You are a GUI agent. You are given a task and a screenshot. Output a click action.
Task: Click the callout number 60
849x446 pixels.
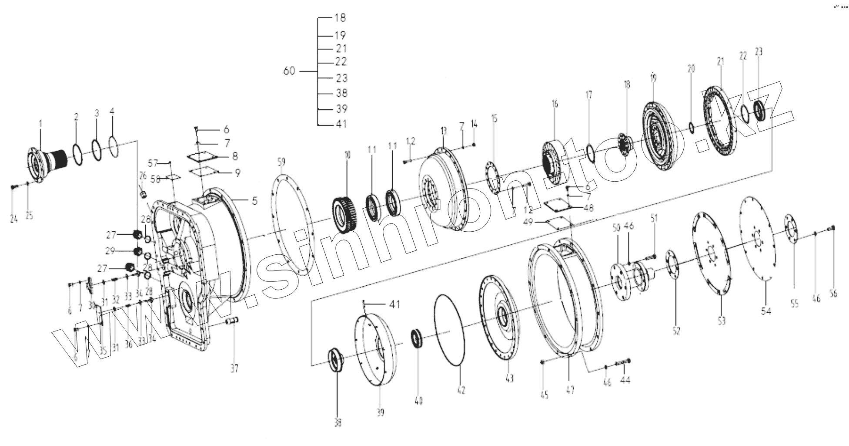click(x=289, y=71)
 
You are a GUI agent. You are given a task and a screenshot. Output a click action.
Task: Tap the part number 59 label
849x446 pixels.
click(x=281, y=162)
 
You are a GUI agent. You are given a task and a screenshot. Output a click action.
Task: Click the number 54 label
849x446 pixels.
click(x=766, y=311)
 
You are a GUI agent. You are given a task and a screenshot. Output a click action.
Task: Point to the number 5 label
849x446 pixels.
click(x=254, y=201)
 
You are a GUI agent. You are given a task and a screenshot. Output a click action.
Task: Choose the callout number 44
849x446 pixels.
click(x=625, y=380)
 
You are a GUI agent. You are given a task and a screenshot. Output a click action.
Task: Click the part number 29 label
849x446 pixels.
click(x=109, y=251)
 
